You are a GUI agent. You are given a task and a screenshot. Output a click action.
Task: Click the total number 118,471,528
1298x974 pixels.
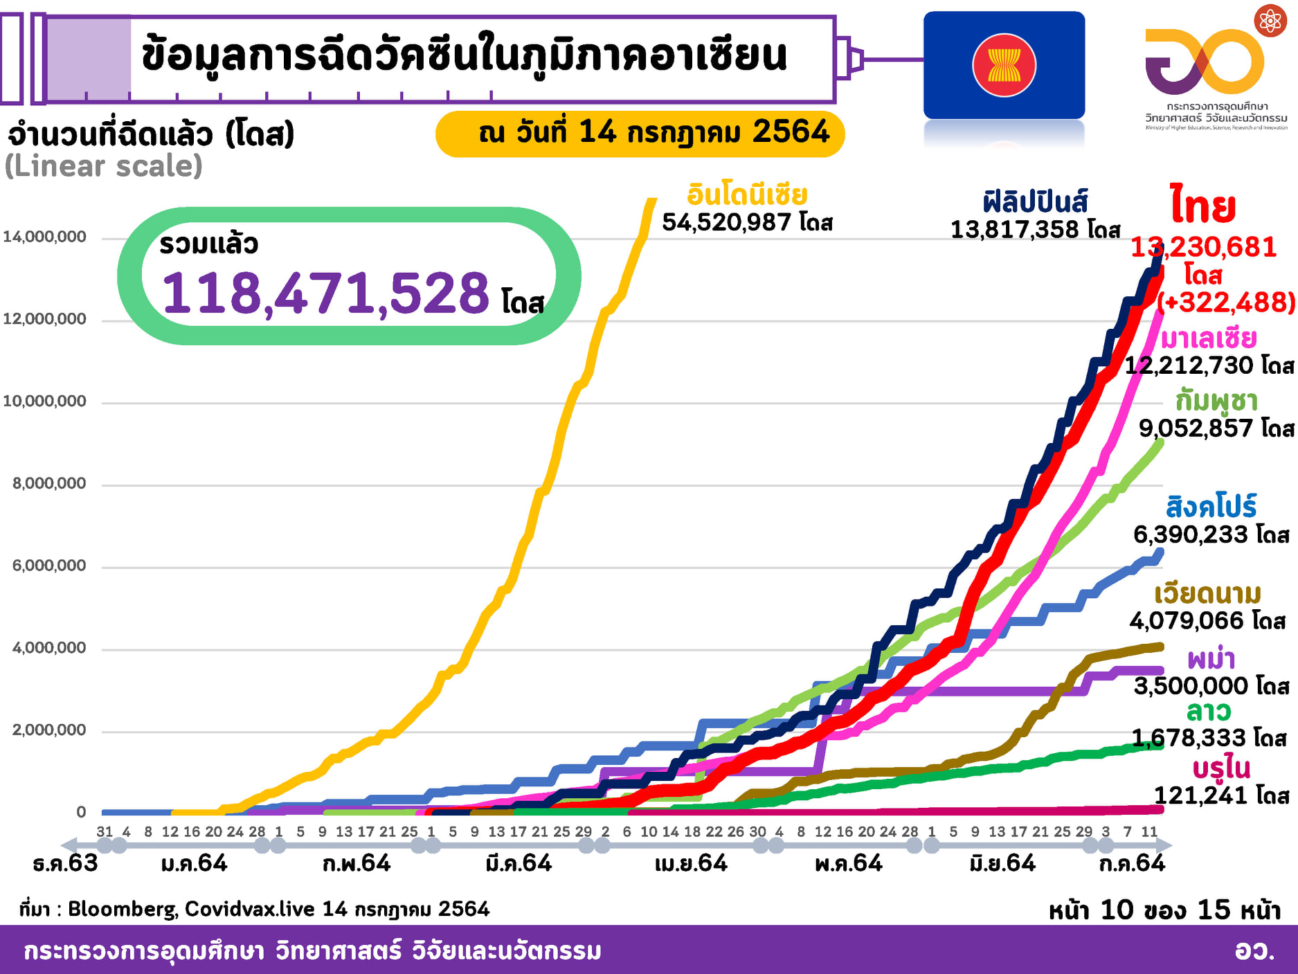point(325,294)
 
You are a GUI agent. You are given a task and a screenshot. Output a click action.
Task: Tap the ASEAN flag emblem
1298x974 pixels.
point(1004,65)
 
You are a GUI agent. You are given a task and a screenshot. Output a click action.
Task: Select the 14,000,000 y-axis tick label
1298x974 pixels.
point(45,237)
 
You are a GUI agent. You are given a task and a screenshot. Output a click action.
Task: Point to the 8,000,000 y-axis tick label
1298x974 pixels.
point(49,483)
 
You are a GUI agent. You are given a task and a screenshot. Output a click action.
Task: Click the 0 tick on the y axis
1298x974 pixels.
point(82,811)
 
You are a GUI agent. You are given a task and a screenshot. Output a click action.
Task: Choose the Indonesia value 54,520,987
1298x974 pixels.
point(726,222)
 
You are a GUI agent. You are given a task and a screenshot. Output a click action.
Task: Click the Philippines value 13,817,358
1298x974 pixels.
point(1014,229)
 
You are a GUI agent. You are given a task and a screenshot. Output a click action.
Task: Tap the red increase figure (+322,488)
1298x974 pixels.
point(1226,302)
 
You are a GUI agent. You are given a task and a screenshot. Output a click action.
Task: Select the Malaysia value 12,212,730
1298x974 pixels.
point(1189,366)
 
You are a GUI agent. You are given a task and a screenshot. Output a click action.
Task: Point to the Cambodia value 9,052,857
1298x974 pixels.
point(1196,429)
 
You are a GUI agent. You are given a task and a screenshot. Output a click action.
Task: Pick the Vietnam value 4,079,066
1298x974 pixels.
point(1187,621)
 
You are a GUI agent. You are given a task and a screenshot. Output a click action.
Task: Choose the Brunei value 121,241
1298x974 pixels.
point(1200,795)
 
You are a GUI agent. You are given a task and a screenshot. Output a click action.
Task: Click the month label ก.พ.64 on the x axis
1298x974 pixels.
point(357,863)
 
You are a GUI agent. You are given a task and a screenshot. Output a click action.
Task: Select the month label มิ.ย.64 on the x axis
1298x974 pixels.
point(1002,863)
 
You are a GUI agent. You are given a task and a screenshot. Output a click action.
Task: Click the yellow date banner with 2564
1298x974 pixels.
point(640,133)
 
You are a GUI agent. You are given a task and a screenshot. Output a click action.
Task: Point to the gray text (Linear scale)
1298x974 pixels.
point(104,166)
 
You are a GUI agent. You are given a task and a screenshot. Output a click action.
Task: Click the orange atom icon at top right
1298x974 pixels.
point(1270,21)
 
